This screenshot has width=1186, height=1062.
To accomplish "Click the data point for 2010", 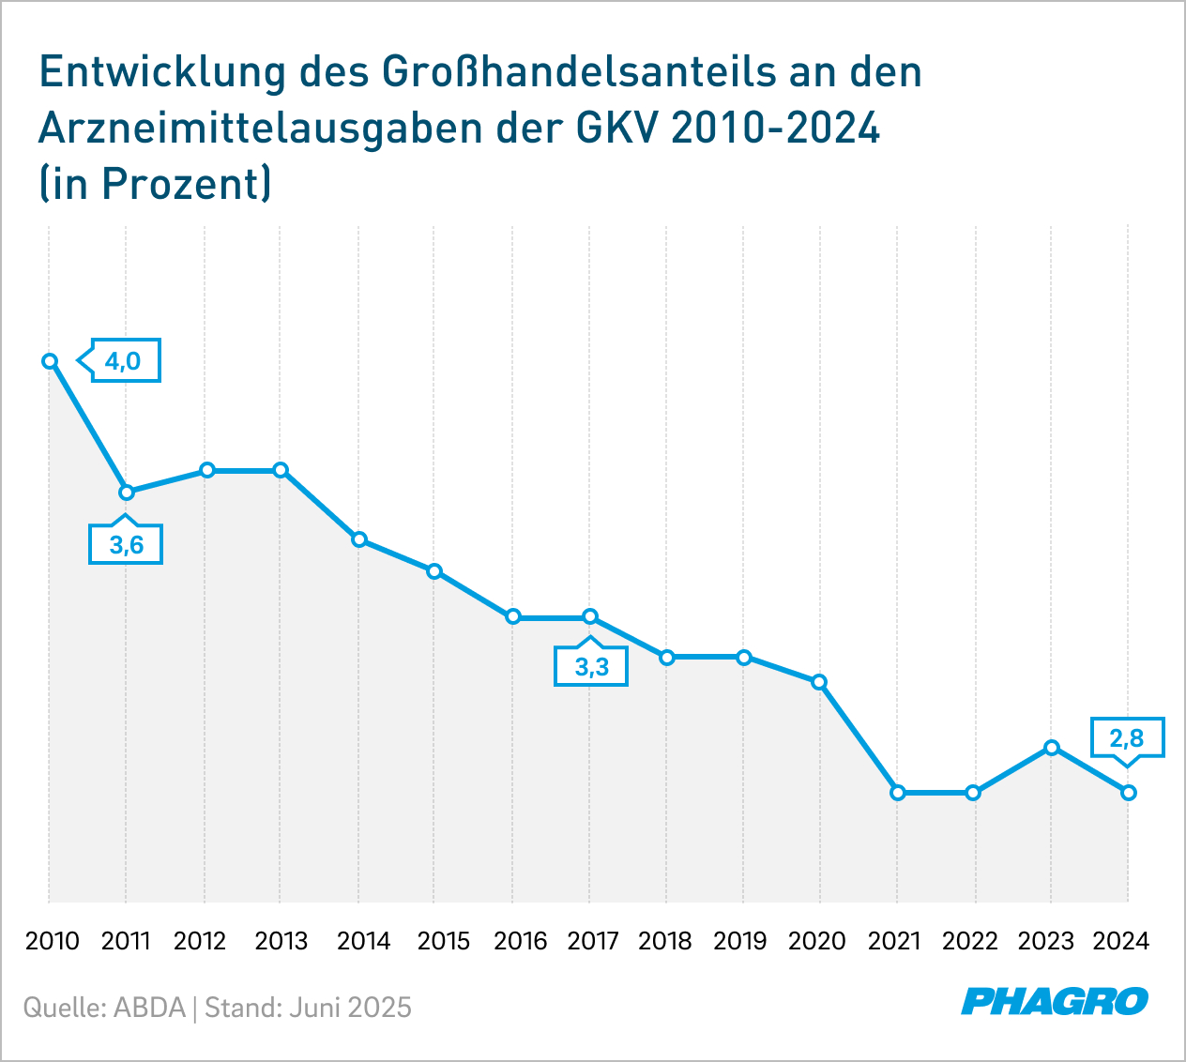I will pyautogui.click(x=50, y=361).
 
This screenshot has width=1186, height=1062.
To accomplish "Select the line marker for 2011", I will pyautogui.click(x=127, y=492).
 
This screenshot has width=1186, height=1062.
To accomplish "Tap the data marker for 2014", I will pyautogui.click(x=358, y=539).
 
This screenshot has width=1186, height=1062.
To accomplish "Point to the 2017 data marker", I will pyautogui.click(x=590, y=616).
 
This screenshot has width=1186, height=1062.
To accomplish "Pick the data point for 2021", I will pyautogui.click(x=898, y=793).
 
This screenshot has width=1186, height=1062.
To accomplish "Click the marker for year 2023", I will pyautogui.click(x=1052, y=747).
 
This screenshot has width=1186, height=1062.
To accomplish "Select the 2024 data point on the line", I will pyautogui.click(x=1129, y=793).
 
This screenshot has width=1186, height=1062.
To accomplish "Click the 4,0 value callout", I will pyautogui.click(x=124, y=361).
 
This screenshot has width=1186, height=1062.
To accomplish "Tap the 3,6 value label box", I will pyautogui.click(x=126, y=545).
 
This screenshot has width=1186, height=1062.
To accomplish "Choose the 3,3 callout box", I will pyautogui.click(x=591, y=667).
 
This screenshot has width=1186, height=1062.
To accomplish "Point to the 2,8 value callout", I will pyautogui.click(x=1128, y=738).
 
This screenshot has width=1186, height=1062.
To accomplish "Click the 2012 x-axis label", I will pyautogui.click(x=200, y=941).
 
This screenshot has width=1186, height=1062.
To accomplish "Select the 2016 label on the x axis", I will pyautogui.click(x=520, y=941).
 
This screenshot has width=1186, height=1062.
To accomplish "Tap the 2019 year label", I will pyautogui.click(x=739, y=941).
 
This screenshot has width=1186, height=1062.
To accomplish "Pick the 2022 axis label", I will pyautogui.click(x=970, y=941).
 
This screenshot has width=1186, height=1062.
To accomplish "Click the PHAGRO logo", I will pyautogui.click(x=1055, y=1001).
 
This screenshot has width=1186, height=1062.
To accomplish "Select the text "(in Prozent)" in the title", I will pyautogui.click(x=155, y=183).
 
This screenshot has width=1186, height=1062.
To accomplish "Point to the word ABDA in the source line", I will pyautogui.click(x=149, y=1008).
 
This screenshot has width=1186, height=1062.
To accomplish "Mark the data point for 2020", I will pyautogui.click(x=819, y=682).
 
